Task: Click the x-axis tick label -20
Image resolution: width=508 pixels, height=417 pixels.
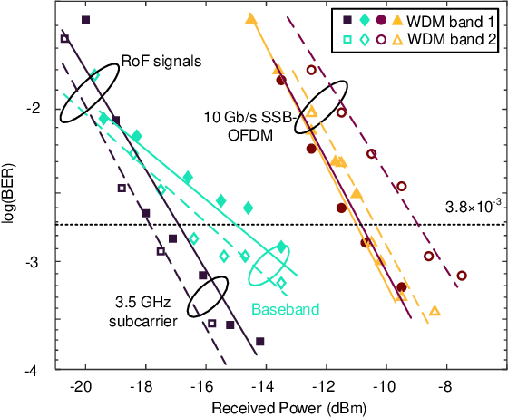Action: click(84, 384)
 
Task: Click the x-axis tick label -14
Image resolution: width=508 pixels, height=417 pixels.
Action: click(265, 384)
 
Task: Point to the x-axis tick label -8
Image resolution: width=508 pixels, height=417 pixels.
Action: click(445, 384)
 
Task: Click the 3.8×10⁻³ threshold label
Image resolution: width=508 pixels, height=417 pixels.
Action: click(470, 207)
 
